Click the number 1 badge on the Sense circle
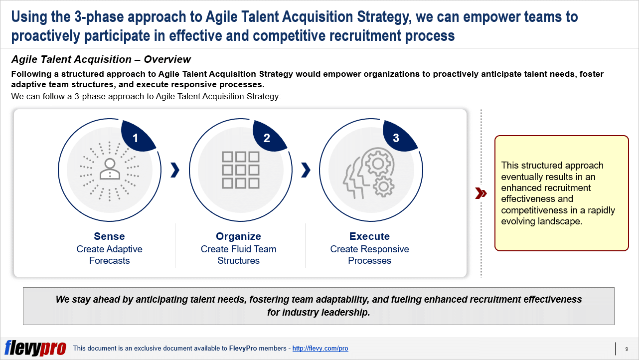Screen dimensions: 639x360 point(137,136)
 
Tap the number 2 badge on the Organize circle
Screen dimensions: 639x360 point(268,136)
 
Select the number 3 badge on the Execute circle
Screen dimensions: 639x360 point(398,136)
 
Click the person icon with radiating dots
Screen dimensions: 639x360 point(110,171)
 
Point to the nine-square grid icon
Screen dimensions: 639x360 point(240,170)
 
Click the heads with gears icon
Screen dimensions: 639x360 point(369,173)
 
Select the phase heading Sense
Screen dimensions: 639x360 point(109,236)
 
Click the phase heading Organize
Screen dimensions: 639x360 point(238,236)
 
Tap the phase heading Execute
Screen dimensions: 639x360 point(369,236)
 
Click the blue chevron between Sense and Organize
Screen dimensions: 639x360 point(175,171)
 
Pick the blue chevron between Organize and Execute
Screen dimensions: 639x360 point(306,171)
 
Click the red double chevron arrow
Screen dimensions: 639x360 point(481,193)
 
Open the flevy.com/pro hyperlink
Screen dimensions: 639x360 point(320,349)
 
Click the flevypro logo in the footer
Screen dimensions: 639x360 point(35,348)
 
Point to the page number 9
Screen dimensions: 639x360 point(627,349)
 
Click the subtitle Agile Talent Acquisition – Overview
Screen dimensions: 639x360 point(101,59)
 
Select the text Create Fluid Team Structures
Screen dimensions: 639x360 point(238,255)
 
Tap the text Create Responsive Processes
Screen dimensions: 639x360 point(369,255)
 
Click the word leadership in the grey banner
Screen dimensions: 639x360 point(345,312)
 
